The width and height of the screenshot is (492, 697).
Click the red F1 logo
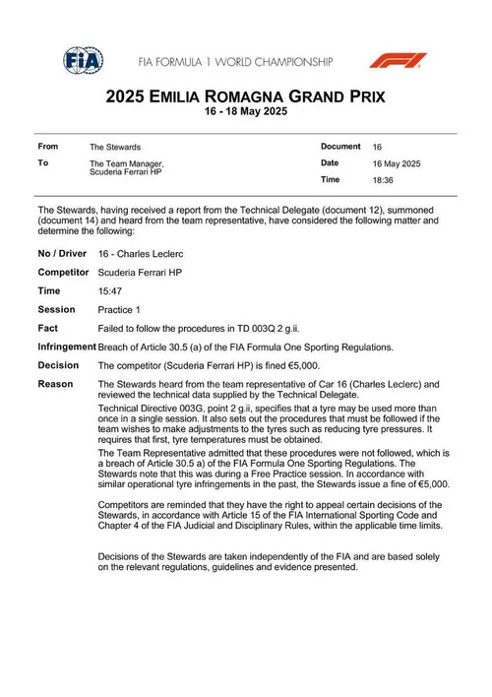[398, 59]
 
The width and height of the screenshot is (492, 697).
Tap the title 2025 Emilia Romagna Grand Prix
[245, 97]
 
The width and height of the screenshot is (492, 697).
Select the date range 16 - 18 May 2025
[245, 114]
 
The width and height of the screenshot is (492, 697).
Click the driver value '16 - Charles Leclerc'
[140, 253]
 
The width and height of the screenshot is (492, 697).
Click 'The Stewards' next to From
[114, 147]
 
